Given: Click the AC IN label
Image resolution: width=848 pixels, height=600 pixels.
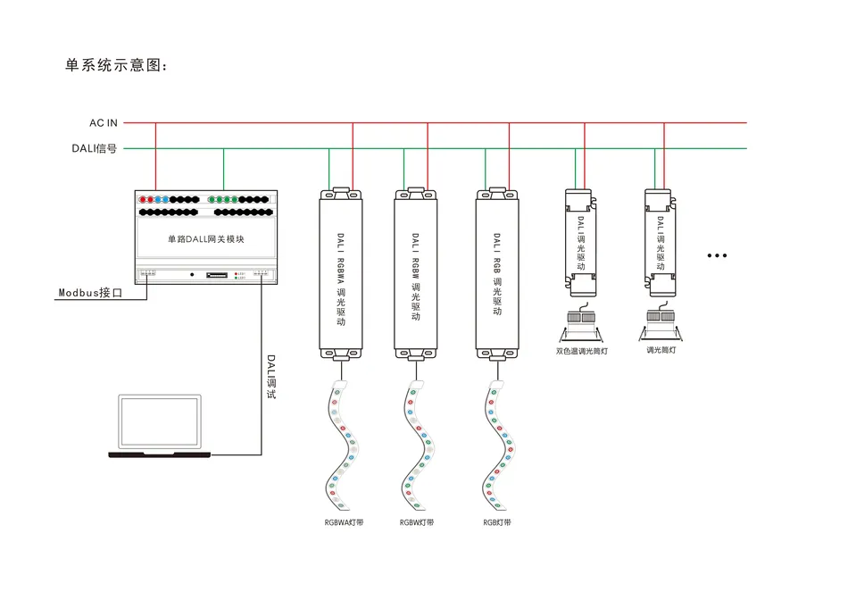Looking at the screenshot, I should (x=103, y=122).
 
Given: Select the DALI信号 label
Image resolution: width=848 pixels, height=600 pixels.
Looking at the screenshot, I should (x=95, y=148).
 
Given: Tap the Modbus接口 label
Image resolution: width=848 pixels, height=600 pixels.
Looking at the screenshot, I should (x=90, y=292).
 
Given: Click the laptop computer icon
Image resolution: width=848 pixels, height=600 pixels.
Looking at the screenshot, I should (x=162, y=426).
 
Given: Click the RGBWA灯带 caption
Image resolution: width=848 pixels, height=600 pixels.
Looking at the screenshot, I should (x=344, y=522).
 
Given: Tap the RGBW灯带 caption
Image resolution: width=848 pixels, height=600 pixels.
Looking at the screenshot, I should (x=417, y=522).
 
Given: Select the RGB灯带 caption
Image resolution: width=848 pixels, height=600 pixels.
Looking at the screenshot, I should (x=497, y=522).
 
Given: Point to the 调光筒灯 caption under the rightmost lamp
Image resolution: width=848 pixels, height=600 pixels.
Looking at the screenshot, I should (x=661, y=350).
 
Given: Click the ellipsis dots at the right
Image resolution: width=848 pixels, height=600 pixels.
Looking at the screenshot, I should (x=717, y=256).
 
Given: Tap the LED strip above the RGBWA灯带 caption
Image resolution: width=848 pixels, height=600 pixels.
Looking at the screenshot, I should (x=342, y=442).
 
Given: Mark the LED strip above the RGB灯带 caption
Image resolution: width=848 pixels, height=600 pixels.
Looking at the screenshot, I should (x=497, y=442).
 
